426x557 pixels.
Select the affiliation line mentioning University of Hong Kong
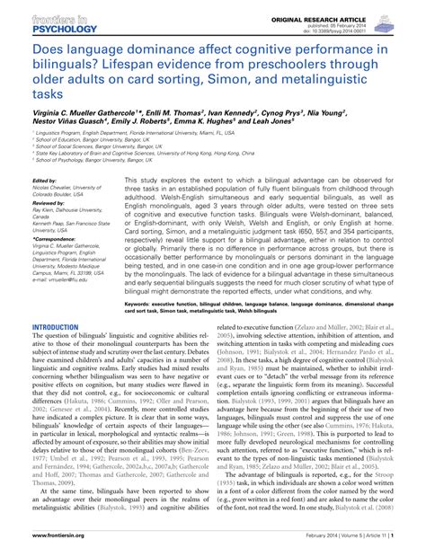click(135, 178)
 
